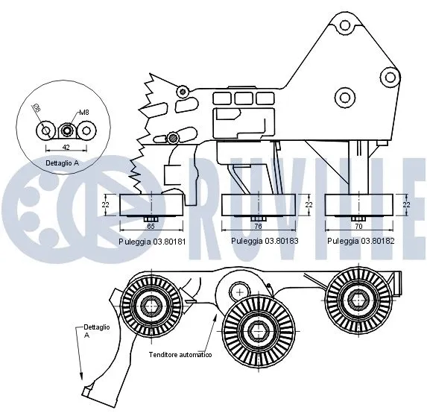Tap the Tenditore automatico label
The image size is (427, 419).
coord(180,355)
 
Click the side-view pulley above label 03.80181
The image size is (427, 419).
coord(151,204)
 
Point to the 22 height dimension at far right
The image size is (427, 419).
coord(406,204)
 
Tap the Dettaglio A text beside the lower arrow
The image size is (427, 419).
coord(96,331)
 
